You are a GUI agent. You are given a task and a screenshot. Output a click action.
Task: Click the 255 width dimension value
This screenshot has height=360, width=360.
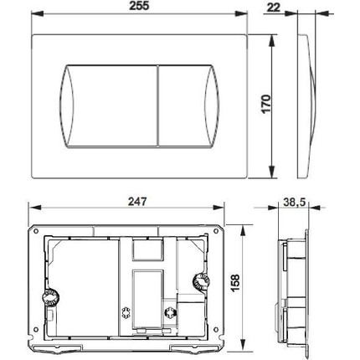click(139, 6)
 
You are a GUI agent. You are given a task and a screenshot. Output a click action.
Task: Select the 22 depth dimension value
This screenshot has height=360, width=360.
click(273, 8)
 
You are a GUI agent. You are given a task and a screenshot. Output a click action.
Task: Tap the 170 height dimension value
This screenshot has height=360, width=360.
click(266, 104)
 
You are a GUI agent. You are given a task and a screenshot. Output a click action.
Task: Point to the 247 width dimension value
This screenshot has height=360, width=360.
click(137, 201)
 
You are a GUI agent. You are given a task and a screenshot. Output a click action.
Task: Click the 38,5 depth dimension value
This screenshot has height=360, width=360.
click(294, 202)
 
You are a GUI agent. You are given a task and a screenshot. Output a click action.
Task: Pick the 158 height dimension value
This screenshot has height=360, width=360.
click(235, 283)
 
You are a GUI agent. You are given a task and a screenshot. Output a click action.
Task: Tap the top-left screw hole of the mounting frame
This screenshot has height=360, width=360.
click(36, 231)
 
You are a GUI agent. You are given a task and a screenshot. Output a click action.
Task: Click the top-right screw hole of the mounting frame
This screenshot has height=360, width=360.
click(216, 231)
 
